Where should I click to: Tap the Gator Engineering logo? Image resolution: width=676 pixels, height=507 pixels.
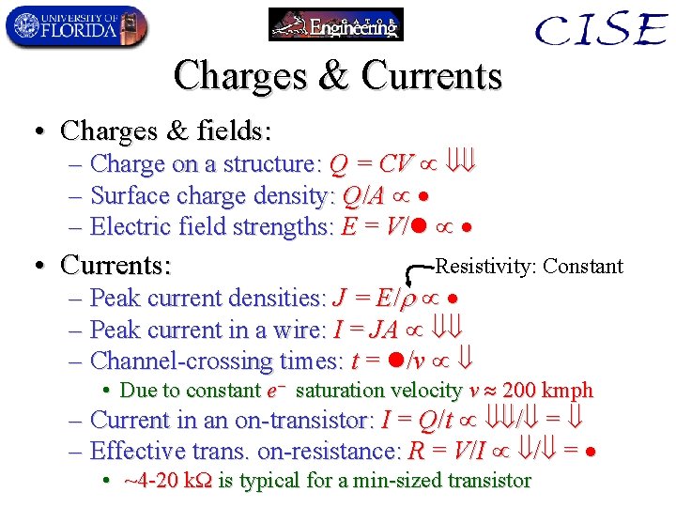point(335,24)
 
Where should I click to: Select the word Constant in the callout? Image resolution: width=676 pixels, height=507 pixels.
point(583,266)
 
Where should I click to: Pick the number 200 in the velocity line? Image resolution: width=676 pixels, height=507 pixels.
point(521,390)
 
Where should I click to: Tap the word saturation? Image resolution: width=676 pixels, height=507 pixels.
point(340,390)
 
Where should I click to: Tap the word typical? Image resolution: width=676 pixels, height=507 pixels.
point(272,481)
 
